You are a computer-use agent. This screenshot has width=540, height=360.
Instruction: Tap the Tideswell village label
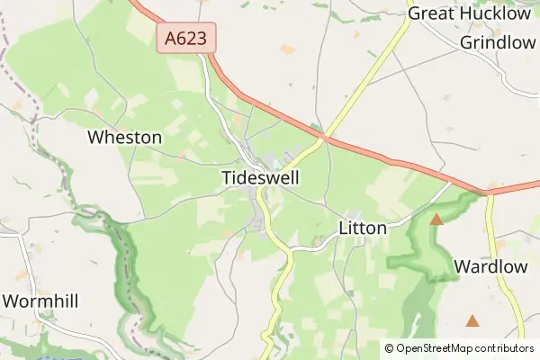coord(260,178)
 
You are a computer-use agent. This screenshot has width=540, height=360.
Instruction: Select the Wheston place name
coord(124,138)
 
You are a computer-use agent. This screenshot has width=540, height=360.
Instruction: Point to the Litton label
coord(363,229)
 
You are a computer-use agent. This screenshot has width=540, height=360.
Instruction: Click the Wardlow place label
coord(490,266)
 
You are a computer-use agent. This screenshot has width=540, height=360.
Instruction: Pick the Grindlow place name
coord(498,43)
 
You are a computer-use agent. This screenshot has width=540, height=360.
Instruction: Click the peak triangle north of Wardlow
coord(436,219)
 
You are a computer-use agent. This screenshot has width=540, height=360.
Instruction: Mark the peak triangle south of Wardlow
coord(472,320)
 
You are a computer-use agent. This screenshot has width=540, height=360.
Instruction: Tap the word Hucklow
coord(497,13)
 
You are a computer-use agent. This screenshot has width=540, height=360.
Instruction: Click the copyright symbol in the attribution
coord(390,348)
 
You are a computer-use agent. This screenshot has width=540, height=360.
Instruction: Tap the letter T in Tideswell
coord(226,178)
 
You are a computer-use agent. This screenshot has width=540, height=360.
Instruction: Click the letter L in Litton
coord(344,229)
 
